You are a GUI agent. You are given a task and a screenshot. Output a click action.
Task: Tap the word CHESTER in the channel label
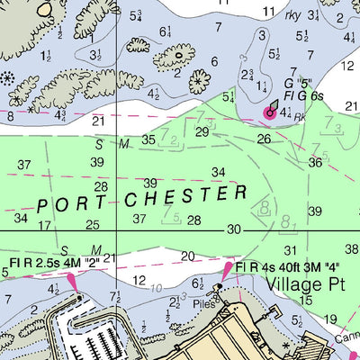189,195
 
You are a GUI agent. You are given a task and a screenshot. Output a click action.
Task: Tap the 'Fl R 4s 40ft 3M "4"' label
284,267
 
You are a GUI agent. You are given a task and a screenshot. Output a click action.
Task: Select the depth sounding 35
148,139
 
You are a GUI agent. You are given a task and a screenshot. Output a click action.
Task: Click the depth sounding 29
202,132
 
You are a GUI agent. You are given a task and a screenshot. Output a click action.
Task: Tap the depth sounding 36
315,163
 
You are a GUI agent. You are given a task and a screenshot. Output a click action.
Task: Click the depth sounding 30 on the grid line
234,230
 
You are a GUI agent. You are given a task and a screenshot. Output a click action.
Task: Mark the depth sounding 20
187,256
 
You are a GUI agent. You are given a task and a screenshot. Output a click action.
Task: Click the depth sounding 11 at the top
268,11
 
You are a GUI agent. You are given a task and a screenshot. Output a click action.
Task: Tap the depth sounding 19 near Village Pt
330,319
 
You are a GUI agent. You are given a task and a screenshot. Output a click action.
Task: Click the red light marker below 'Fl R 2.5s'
70,285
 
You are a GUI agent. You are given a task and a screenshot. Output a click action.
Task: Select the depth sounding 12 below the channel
139,282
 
